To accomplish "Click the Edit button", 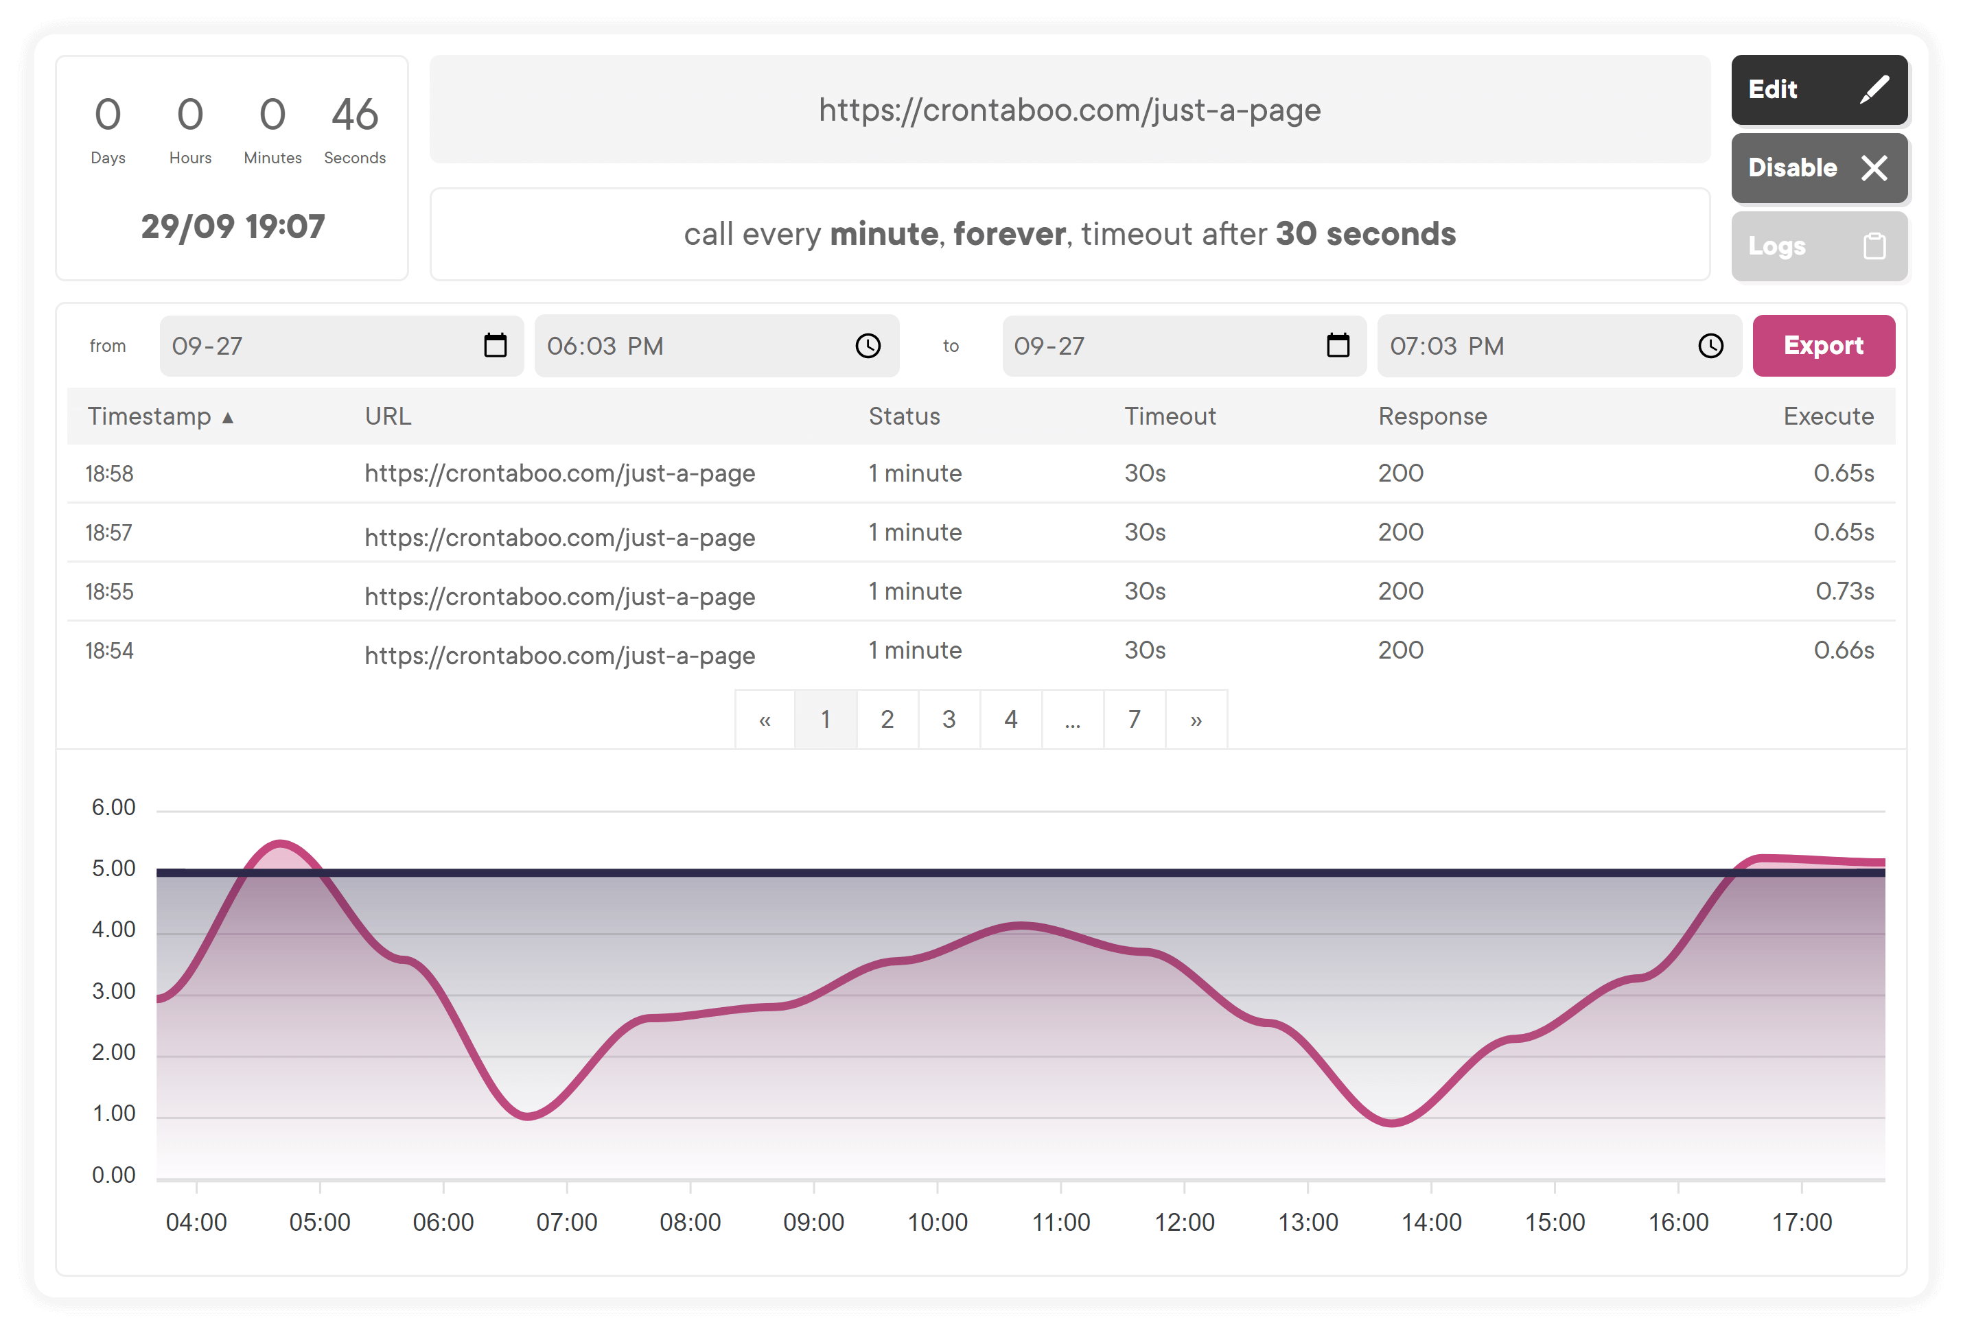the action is point(1819,89).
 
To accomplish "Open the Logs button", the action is point(1819,246).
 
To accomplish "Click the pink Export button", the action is point(1823,345).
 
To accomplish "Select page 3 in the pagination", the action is point(949,719).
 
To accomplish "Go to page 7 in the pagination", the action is point(1135,719).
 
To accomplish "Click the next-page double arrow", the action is point(1196,719).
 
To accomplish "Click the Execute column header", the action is point(1828,416).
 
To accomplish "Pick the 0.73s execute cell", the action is point(1845,591).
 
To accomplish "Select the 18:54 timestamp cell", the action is point(109,650).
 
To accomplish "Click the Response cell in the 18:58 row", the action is point(1400,473).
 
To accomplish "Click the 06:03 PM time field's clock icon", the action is point(868,345).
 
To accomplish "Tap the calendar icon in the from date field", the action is point(495,345).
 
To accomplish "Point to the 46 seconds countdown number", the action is point(355,114).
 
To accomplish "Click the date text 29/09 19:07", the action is point(233,226).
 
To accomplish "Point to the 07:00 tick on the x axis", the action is point(567,1187).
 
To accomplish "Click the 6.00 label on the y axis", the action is point(113,808).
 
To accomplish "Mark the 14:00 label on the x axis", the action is point(1431,1222).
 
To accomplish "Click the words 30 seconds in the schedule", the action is point(1365,234).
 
